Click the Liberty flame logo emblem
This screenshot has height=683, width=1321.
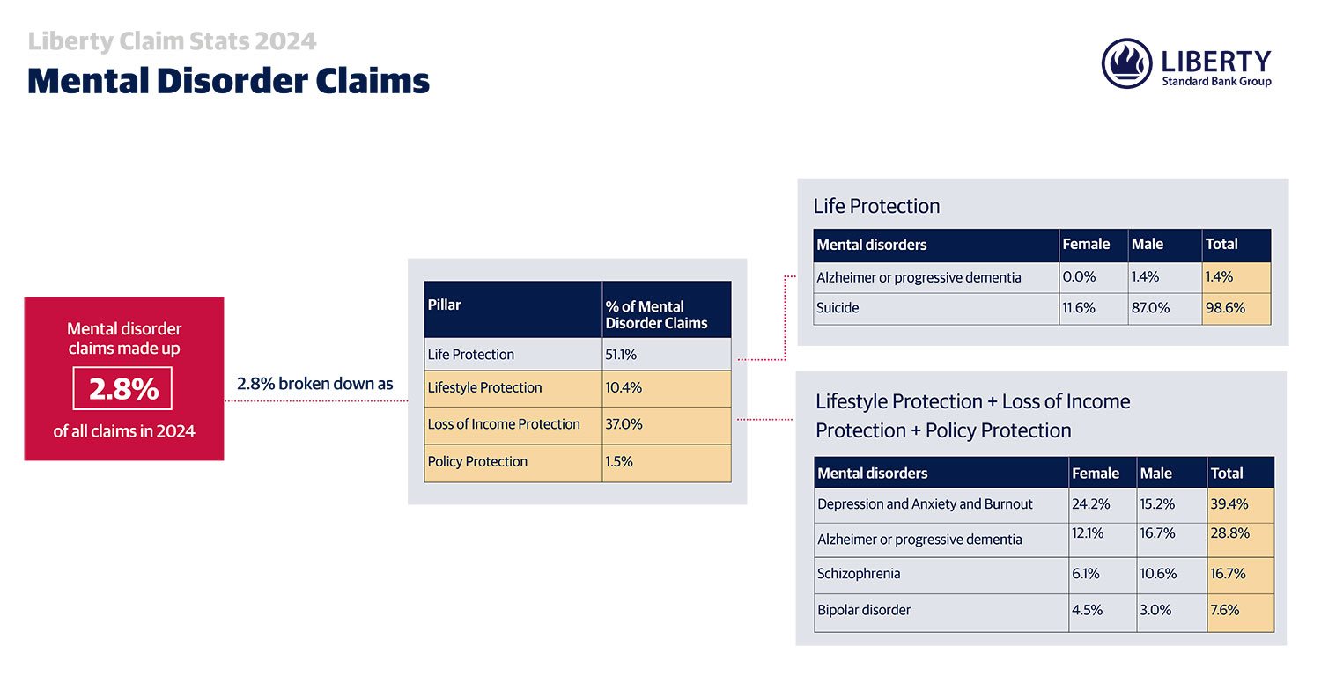[x=1126, y=63]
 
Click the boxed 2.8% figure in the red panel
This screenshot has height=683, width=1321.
[x=122, y=388]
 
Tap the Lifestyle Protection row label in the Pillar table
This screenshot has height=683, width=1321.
[x=484, y=388]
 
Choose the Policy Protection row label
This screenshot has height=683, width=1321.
[x=477, y=461]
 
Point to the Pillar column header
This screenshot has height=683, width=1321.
[x=444, y=305]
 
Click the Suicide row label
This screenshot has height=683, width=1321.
[x=838, y=308]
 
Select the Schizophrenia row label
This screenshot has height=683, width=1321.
[x=859, y=573]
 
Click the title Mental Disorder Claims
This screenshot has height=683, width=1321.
[x=229, y=81]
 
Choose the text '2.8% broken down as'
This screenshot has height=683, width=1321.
[x=315, y=384]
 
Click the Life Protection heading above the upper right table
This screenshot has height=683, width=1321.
[x=877, y=206]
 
